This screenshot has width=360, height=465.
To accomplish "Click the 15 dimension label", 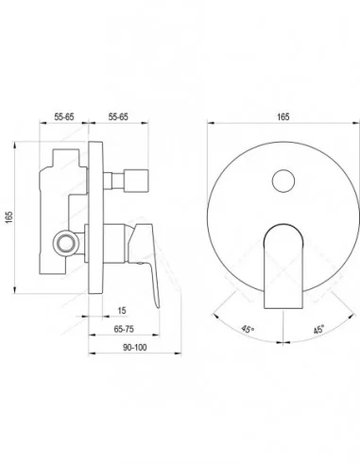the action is (122, 311).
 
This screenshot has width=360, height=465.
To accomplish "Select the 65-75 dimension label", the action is (124, 329).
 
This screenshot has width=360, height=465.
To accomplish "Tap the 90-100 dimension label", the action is (135, 348).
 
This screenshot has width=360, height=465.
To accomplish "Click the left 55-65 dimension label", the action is (64, 117).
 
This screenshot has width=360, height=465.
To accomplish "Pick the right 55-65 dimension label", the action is (118, 117).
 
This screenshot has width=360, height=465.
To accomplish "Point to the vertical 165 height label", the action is (9, 217).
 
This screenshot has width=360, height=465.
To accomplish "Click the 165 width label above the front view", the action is (283, 117).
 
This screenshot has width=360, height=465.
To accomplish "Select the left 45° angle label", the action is (248, 329).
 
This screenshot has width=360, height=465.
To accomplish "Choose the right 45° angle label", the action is (318, 330).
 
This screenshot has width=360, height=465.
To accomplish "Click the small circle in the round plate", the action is (283, 181).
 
